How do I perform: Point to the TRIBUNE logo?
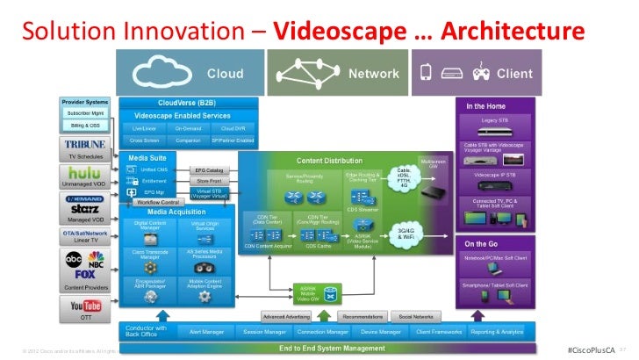click(x=84, y=144)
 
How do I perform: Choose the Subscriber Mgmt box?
click(x=83, y=113)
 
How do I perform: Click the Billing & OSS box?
click(x=83, y=126)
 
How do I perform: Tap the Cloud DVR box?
click(x=233, y=127)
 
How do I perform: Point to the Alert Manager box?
click(x=205, y=333)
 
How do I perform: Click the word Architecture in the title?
click(x=512, y=32)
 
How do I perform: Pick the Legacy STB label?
click(x=497, y=119)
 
